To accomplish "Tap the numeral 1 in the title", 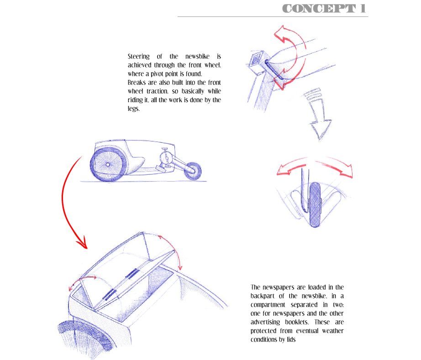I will pyautogui.click(x=363, y=8).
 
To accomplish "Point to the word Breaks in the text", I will pyautogui.click(x=137, y=82).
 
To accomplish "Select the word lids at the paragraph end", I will pyautogui.click(x=297, y=339).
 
